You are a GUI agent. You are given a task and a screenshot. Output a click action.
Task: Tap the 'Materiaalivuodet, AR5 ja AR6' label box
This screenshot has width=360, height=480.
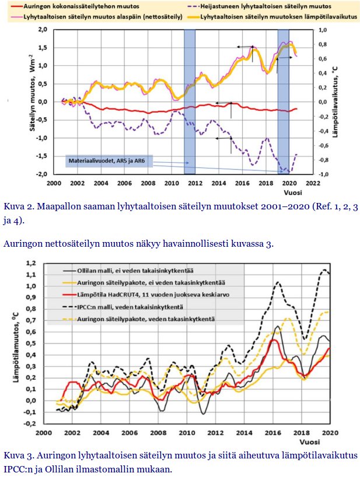coord(109,160)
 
